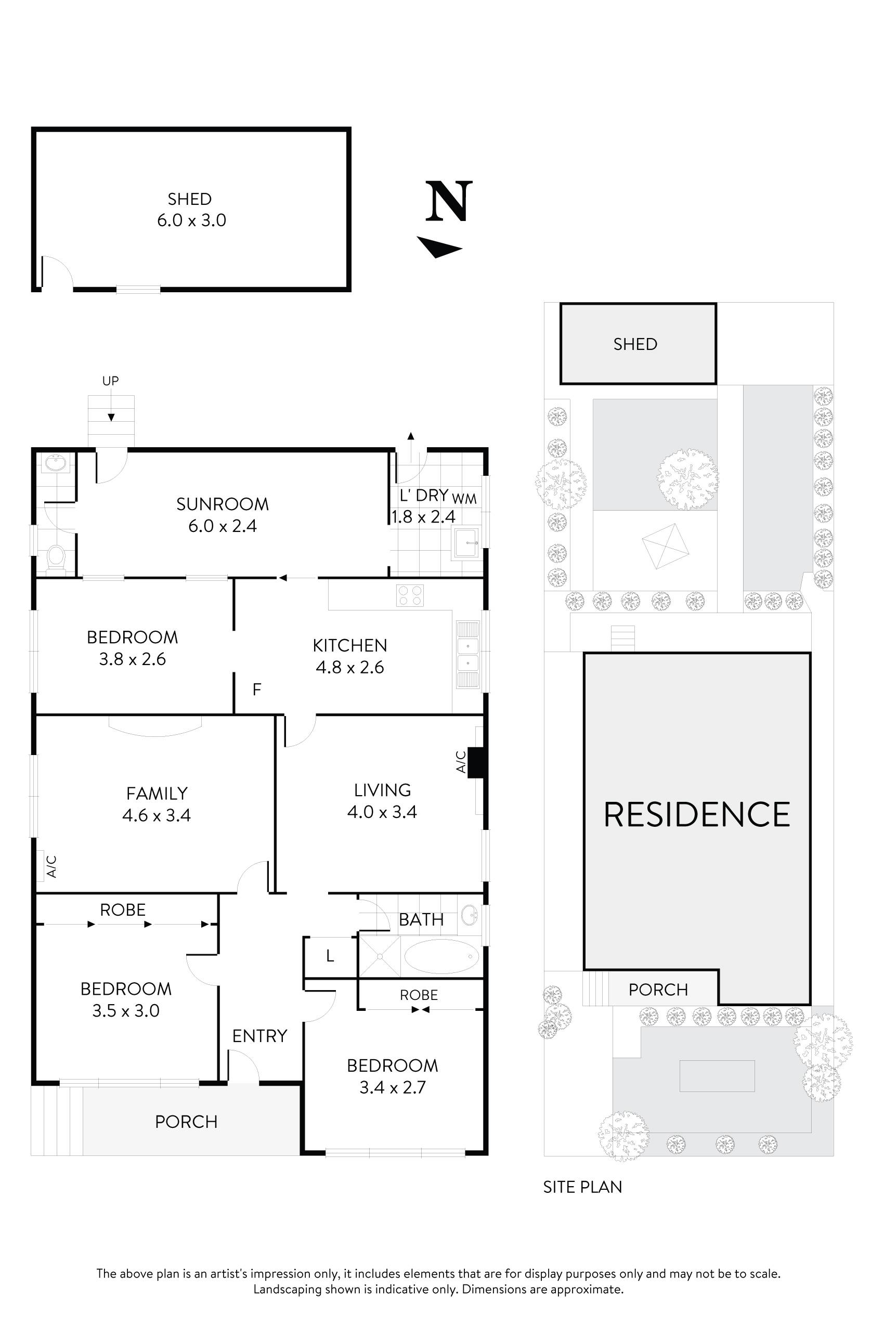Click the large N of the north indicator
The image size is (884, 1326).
click(448, 201)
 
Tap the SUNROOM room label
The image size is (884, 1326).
click(222, 504)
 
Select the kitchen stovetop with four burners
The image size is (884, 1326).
click(410, 595)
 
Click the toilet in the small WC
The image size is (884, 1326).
click(56, 556)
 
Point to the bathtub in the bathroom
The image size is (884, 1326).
click(441, 956)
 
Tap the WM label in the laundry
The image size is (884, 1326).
click(464, 499)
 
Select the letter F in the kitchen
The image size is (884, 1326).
click(256, 689)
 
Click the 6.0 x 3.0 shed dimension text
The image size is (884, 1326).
click(191, 220)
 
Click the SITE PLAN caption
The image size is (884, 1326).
click(582, 1187)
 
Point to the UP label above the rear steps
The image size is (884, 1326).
click(110, 381)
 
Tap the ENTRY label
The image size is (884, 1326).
click(259, 1036)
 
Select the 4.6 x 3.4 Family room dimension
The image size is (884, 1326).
click(156, 815)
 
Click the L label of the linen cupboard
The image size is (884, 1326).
click(330, 956)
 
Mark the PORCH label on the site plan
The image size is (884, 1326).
click(658, 990)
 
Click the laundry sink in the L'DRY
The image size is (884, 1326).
click(466, 543)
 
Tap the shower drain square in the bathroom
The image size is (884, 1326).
click(380, 956)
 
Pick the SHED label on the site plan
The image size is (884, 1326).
click(635, 344)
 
